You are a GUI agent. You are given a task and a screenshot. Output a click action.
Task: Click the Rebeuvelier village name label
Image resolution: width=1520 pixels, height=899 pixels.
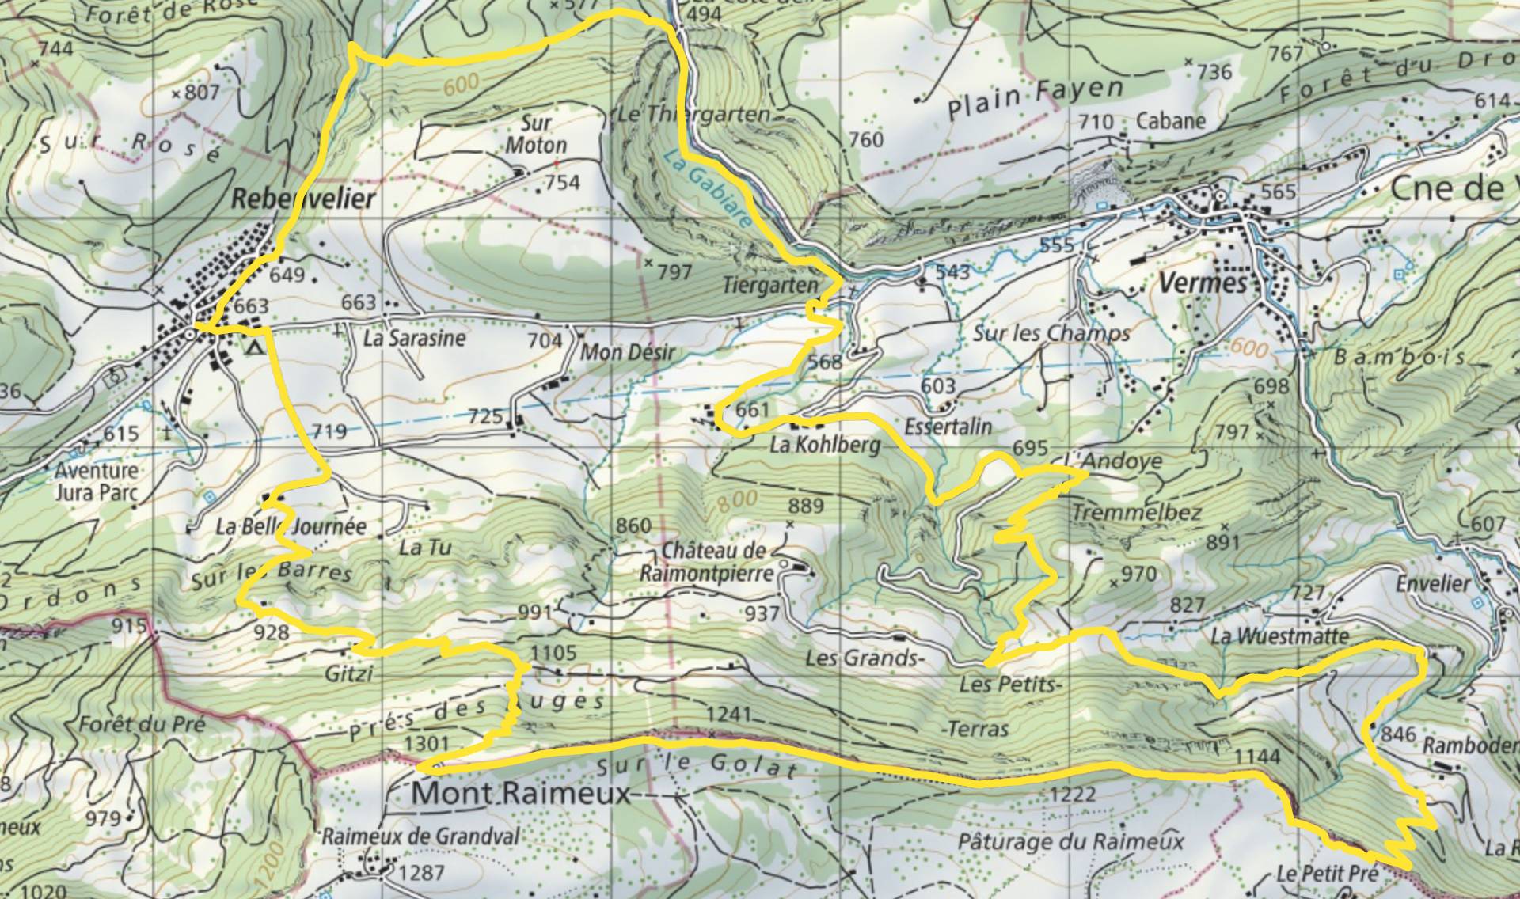302,199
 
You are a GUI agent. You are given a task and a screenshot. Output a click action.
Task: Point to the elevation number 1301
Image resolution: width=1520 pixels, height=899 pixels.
427,744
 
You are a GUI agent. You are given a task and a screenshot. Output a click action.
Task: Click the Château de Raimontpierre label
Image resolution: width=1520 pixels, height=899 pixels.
716,561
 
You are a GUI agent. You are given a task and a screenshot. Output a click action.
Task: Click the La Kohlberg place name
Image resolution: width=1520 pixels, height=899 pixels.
824,446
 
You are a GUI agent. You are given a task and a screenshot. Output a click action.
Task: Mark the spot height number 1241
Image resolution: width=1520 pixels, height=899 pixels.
728,715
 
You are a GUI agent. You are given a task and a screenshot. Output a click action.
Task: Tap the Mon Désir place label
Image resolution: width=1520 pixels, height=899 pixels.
628,351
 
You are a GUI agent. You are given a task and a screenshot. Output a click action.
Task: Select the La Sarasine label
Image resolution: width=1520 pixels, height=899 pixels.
414,339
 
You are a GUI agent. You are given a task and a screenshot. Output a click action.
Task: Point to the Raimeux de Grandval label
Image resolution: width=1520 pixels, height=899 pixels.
420,836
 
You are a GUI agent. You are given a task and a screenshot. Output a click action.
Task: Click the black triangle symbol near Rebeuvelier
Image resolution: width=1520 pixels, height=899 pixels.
254,347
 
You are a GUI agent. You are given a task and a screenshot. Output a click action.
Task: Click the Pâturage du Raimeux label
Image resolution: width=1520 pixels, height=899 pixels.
1070,840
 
